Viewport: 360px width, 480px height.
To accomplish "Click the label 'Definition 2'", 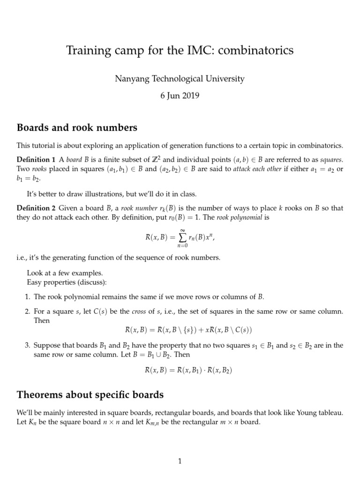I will pos(37,208).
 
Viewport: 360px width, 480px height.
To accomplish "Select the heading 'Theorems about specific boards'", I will pos(90,395).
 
